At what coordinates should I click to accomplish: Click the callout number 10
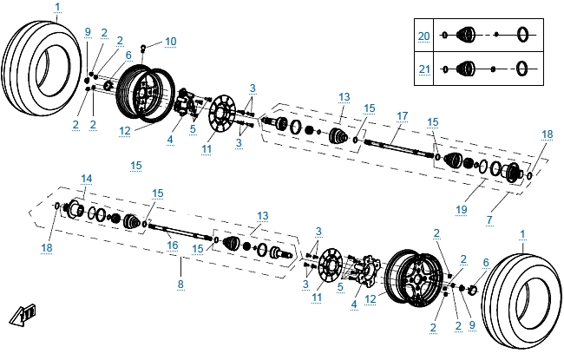[x=170, y=41]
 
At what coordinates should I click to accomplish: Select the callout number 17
[x=402, y=115]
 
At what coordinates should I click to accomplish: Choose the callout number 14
[x=86, y=180]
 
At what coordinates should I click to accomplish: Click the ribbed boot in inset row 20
[x=466, y=35]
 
